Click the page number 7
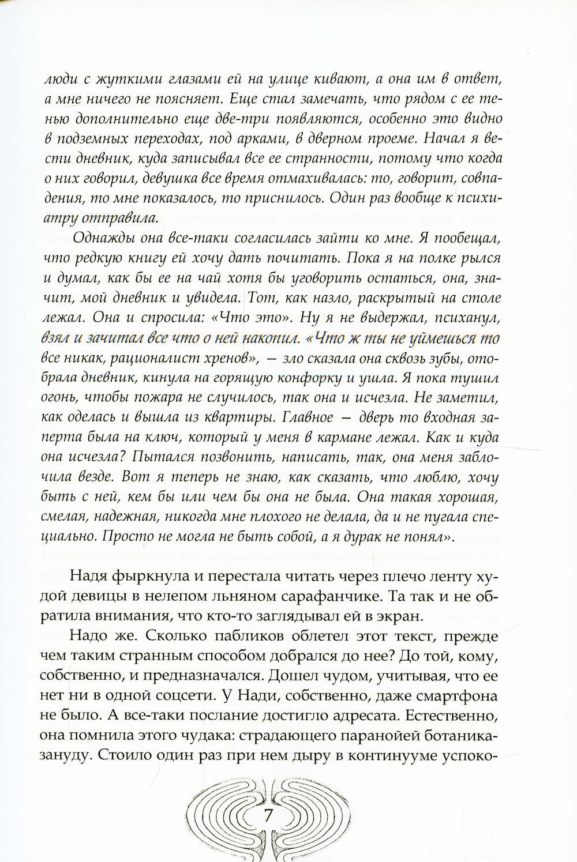(267, 816)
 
